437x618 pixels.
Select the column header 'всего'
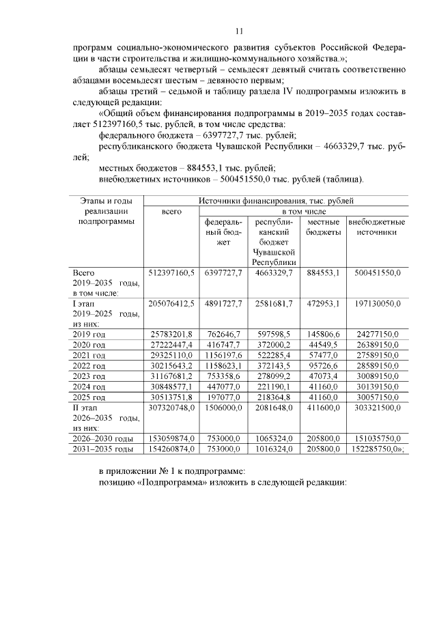(x=171, y=212)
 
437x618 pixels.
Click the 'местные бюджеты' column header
(x=324, y=227)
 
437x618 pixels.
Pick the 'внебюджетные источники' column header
(x=377, y=227)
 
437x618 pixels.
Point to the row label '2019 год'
(x=89, y=334)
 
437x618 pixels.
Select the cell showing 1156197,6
(x=223, y=355)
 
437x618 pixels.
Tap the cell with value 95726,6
(x=324, y=366)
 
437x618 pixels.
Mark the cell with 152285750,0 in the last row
(x=377, y=449)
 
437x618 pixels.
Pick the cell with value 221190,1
(x=274, y=387)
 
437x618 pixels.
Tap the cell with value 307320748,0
(x=171, y=408)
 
